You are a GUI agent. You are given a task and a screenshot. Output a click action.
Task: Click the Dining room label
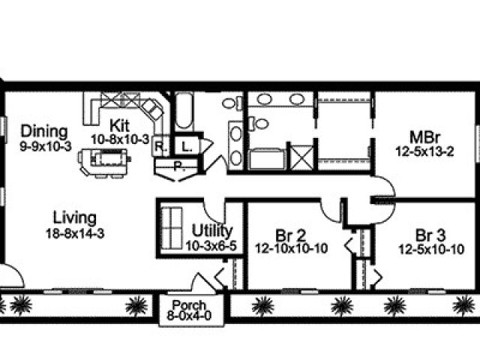click(x=44, y=132)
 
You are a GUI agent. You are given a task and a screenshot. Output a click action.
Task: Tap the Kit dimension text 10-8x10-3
click(x=120, y=139)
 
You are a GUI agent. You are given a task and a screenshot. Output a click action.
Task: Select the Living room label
click(x=75, y=217)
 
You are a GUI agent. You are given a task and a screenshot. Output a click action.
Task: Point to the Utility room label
click(x=212, y=231)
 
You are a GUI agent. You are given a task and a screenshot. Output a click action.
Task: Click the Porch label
click(x=189, y=305)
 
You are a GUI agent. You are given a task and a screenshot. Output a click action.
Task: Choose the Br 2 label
click(x=290, y=235)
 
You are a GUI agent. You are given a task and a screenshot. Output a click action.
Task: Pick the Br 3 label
click(x=430, y=235)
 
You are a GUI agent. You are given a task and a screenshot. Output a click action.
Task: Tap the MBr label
click(x=424, y=137)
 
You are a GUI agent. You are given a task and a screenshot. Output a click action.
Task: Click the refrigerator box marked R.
click(x=160, y=146)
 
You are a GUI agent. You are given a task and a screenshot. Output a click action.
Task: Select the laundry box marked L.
click(x=187, y=147)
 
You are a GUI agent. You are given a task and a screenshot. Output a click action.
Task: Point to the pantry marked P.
click(x=177, y=168)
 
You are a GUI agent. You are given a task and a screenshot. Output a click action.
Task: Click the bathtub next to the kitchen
click(x=184, y=112)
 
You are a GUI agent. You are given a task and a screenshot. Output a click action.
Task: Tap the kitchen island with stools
click(x=105, y=163)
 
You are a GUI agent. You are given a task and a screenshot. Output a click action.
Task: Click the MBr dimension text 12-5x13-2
click(x=424, y=151)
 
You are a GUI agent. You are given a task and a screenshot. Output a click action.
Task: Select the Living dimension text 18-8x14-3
click(x=75, y=233)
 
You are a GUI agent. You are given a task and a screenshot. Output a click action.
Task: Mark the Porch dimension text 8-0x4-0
click(x=189, y=315)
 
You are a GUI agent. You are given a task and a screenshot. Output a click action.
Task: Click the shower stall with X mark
click(x=301, y=157)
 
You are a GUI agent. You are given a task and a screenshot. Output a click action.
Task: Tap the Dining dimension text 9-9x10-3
click(x=46, y=146)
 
